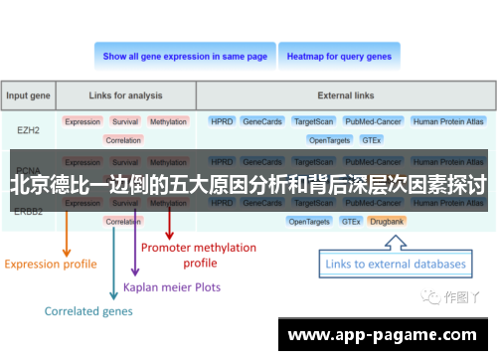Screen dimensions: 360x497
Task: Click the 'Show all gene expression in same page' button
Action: pos(185,57)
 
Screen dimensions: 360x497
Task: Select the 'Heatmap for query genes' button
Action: pos(339,57)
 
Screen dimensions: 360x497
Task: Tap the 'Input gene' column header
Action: pos(30,95)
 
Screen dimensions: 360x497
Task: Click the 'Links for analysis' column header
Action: pos(124,95)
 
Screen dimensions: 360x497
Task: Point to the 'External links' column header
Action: pos(347,95)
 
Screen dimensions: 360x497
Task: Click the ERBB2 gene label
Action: pos(30,210)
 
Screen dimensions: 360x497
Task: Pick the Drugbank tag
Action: pos(386,221)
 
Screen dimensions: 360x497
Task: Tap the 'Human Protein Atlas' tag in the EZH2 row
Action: pos(449,121)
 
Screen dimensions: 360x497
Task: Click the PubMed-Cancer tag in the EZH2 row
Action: pos(372,121)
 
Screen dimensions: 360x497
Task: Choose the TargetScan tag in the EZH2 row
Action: pos(314,121)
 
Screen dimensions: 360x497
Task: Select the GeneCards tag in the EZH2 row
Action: pos(262,121)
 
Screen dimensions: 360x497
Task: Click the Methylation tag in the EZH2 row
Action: pos(168,121)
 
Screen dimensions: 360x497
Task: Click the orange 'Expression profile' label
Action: pos(51,264)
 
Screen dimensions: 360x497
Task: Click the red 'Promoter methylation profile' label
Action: pos(199,255)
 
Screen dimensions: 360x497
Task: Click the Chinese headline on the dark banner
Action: pos(248,184)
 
